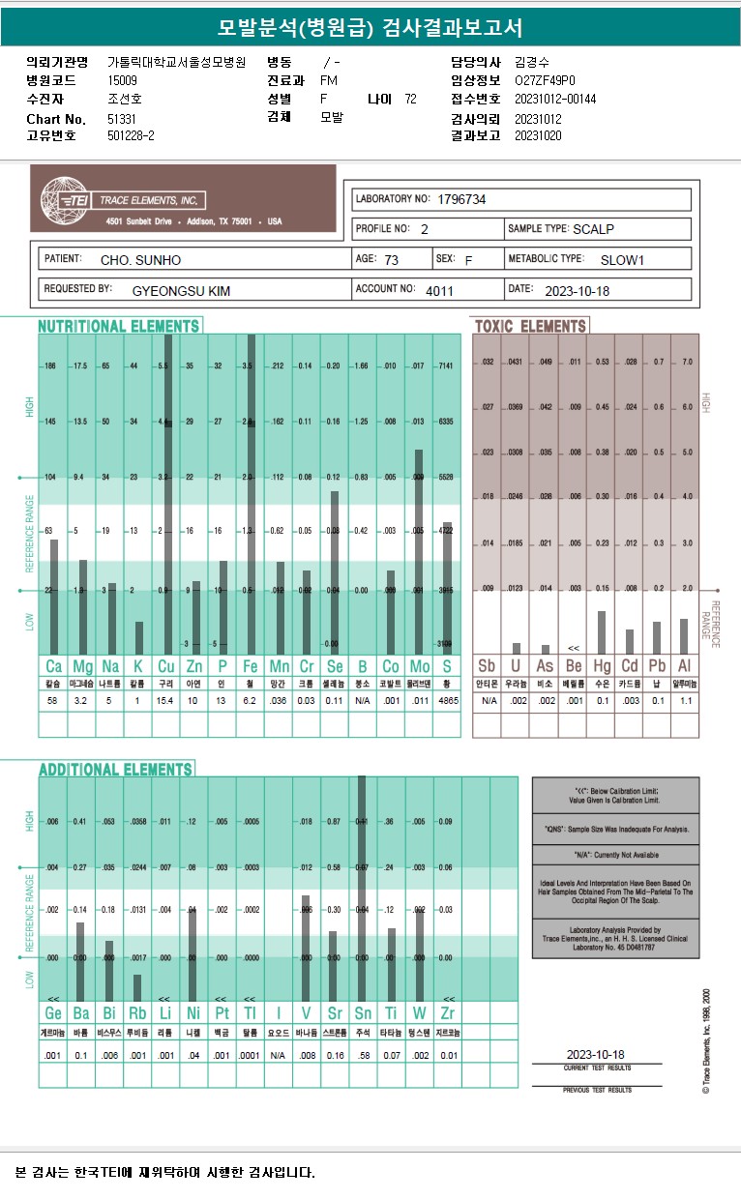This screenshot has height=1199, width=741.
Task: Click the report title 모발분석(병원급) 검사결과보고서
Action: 370,27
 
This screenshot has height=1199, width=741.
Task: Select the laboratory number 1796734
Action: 461,199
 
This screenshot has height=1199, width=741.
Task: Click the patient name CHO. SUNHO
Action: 140,260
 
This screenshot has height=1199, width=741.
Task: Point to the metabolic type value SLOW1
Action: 622,260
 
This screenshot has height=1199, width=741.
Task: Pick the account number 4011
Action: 438,289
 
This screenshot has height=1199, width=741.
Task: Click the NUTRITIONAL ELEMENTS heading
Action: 119,327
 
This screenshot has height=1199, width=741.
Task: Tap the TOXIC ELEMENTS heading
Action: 530,327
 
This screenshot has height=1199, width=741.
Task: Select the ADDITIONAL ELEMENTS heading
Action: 116,770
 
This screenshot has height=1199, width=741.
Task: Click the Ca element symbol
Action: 53,666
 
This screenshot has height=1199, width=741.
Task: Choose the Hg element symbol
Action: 602,666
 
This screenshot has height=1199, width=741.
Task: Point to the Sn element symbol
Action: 362,1013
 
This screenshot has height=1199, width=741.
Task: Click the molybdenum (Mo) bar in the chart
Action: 419,551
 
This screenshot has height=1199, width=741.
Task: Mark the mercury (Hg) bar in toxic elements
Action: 602,632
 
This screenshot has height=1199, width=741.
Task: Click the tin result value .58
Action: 362,1055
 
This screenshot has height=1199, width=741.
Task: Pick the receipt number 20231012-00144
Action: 555,100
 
